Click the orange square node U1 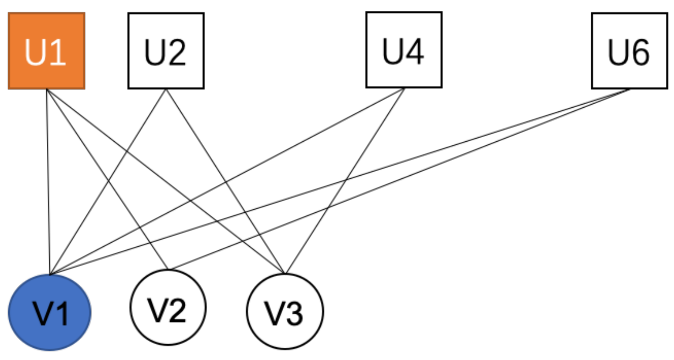pos(46,51)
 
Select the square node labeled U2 pos(166,51)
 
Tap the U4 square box pos(404,50)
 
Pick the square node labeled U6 pos(629,51)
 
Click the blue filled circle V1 pos(49,313)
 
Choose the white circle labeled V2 pos(168,307)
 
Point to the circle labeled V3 pos(285,311)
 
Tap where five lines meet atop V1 pos(50,274)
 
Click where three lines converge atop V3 pos(285,273)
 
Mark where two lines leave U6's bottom pos(630,89)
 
